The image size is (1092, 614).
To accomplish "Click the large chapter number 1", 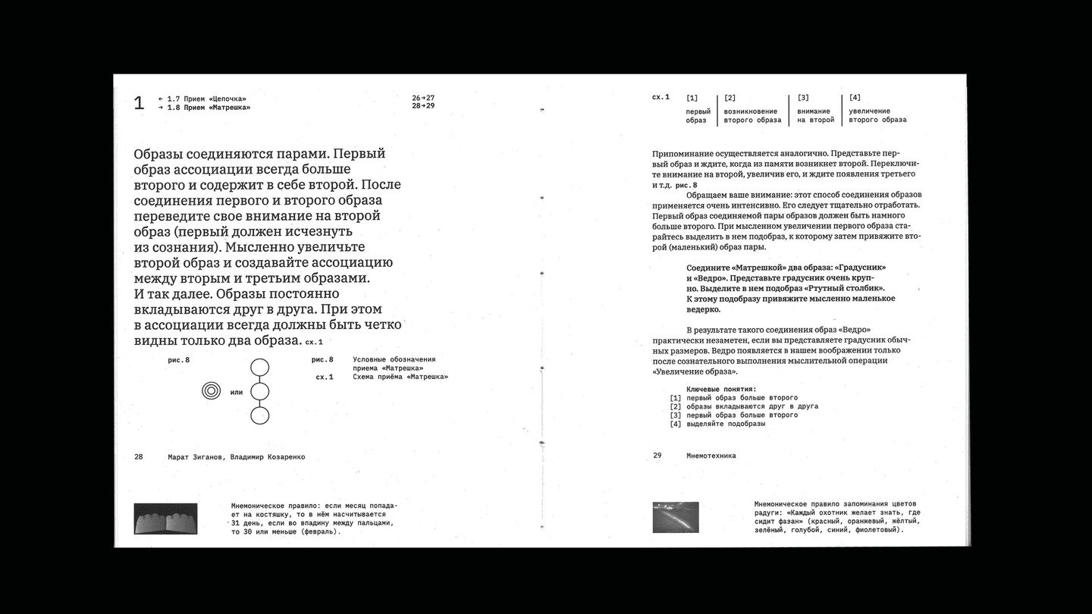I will click(x=139, y=103).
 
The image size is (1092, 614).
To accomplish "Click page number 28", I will click(x=139, y=457).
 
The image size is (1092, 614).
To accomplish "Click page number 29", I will click(x=657, y=456).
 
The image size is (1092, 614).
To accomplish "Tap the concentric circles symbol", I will click(x=212, y=391).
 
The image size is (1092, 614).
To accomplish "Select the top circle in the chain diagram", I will click(x=259, y=368).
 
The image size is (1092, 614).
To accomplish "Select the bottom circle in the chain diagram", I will click(x=259, y=415).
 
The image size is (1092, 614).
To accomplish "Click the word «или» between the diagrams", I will click(x=236, y=392).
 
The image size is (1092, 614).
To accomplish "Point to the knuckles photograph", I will click(x=165, y=519).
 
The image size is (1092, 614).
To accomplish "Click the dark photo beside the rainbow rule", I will click(x=676, y=517).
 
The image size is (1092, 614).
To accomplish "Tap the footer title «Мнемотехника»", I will click(x=711, y=456).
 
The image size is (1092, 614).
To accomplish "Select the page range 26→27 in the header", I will click(x=423, y=99).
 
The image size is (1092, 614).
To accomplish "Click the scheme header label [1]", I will click(x=692, y=98).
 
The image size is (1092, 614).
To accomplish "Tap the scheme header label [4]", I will click(x=855, y=98).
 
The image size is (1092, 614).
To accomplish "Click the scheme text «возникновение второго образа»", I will click(x=752, y=115).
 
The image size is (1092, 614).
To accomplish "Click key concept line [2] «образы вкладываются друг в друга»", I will click(x=752, y=406).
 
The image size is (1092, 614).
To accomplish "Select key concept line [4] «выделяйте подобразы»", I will click(x=725, y=424).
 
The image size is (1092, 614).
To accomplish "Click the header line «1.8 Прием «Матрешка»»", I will click(x=209, y=108).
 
